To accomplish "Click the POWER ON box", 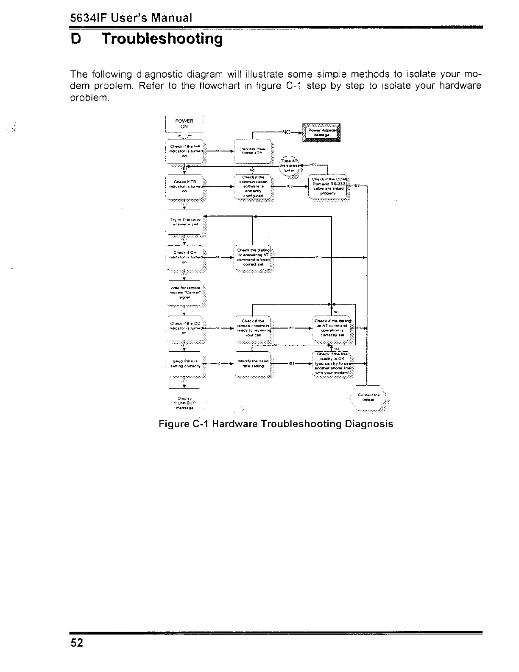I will click(x=184, y=124).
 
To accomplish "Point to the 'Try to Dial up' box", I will click(x=184, y=222).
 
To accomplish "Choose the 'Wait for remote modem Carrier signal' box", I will click(x=184, y=293).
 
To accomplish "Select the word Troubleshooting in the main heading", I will click(x=162, y=39).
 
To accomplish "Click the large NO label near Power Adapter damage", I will click(x=287, y=132).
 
